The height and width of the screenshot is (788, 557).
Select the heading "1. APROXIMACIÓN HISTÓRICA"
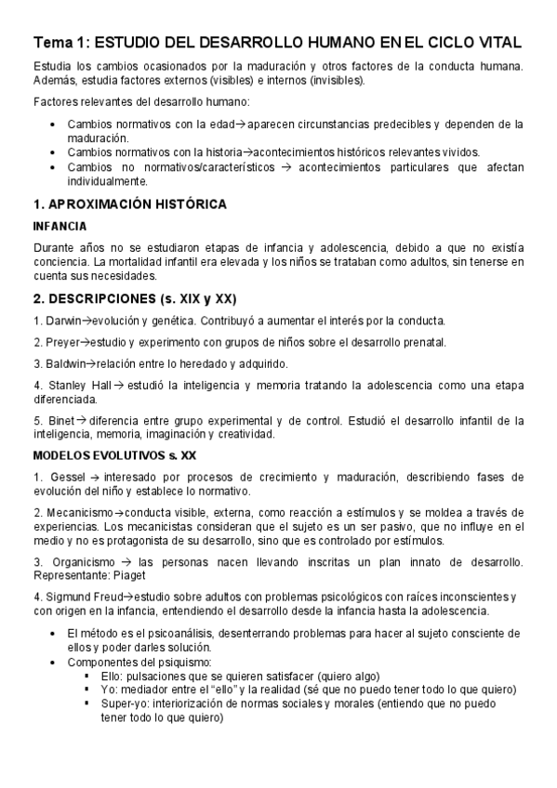tap(129, 204)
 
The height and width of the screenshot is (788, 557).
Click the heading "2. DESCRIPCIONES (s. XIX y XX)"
tap(135, 298)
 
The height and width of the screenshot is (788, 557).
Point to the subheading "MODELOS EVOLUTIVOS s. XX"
tap(114, 455)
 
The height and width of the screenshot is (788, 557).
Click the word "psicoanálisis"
tap(162, 633)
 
